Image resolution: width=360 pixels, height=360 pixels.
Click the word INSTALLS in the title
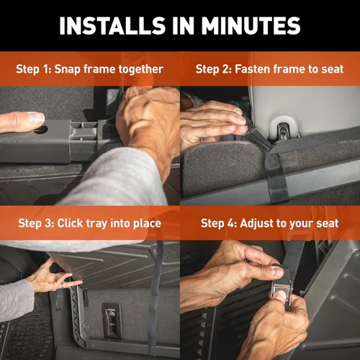112,26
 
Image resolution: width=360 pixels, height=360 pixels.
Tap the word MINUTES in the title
251,26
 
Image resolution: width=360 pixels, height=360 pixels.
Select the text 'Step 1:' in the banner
33,69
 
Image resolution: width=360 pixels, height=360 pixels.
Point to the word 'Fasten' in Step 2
253,69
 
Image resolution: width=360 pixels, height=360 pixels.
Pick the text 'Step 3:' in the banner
36,223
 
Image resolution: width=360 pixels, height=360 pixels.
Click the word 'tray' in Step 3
96,224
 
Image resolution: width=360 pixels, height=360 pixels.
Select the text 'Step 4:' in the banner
219,223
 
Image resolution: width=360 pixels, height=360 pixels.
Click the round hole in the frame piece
41,130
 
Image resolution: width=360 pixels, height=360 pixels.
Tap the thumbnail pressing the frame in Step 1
36,118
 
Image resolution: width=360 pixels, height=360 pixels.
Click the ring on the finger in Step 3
62,286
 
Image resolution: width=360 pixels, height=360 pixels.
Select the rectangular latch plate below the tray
112,320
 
